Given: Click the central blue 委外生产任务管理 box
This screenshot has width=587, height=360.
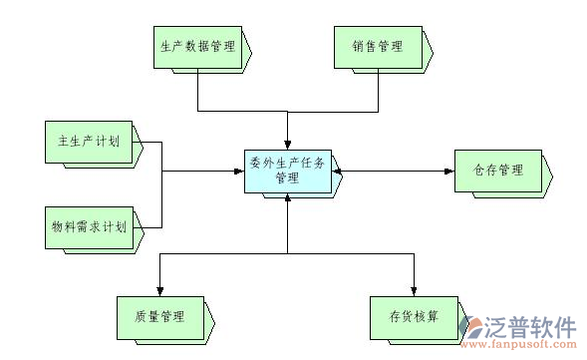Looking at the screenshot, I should coord(288,171).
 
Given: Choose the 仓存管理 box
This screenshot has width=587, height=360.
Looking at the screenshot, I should coord(498,171).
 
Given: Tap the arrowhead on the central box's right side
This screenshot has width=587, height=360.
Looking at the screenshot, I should coord(340,171).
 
